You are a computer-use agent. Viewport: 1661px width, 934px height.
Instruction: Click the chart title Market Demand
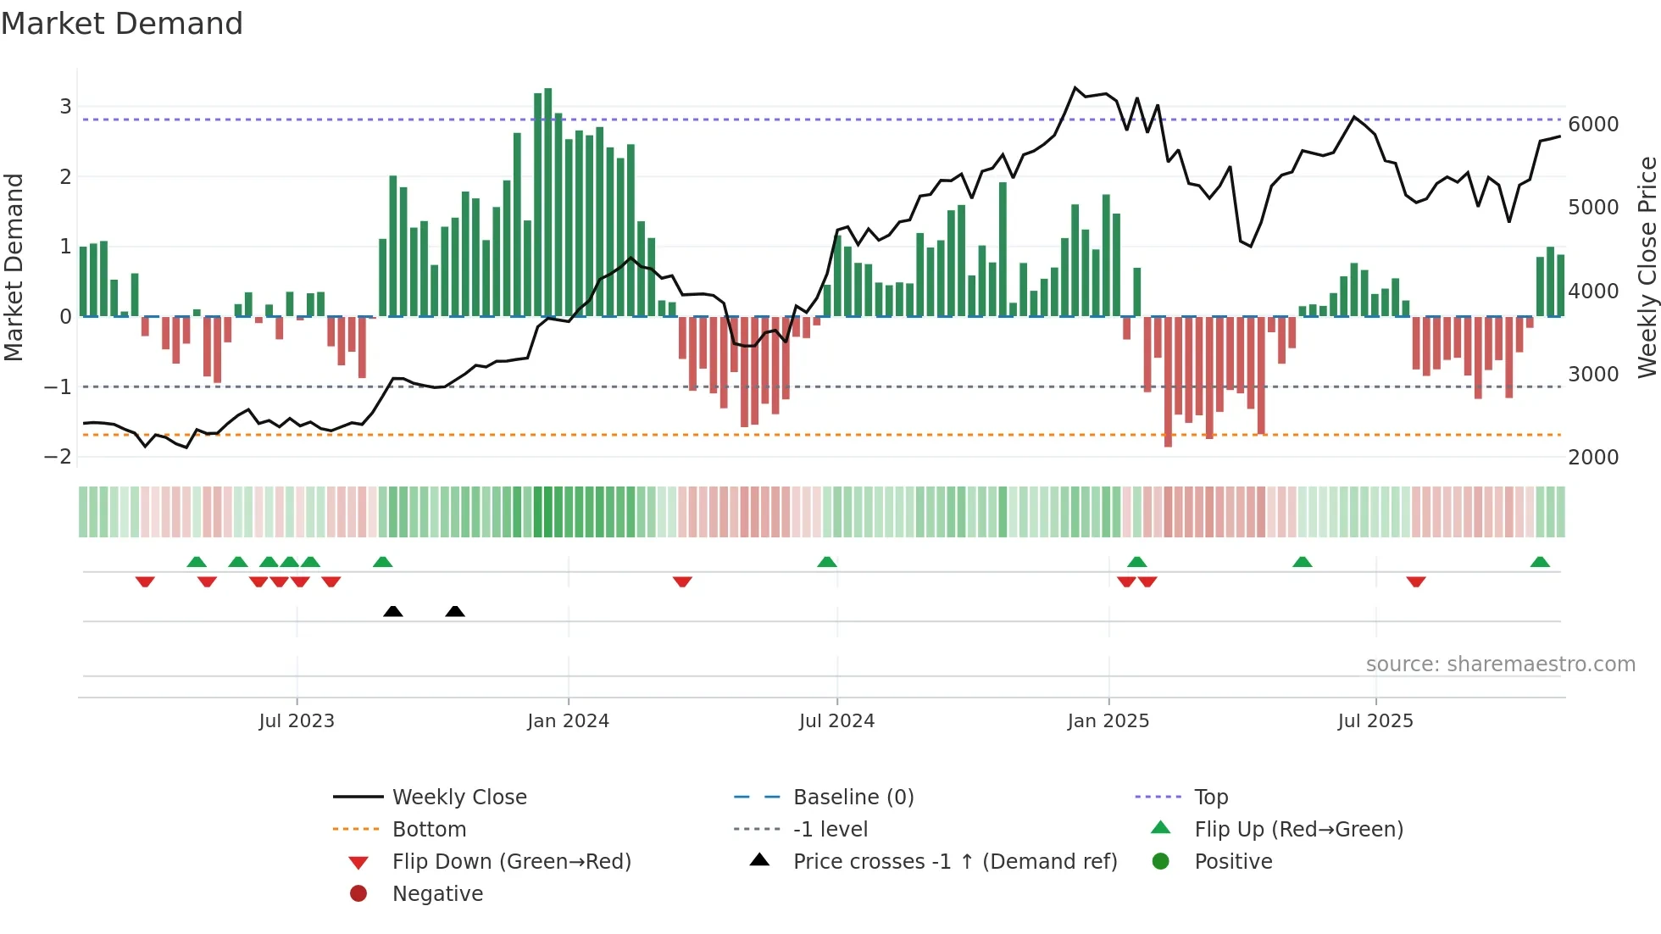tap(122, 24)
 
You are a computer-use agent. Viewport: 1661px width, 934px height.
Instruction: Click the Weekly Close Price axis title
tap(1647, 267)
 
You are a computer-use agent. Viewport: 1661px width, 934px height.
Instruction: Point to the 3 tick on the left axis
tap(65, 107)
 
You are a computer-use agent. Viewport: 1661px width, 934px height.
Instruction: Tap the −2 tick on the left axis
tap(58, 457)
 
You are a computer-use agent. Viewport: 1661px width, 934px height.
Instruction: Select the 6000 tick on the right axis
tap(1593, 125)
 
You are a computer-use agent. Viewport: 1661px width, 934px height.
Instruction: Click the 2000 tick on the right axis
tap(1593, 458)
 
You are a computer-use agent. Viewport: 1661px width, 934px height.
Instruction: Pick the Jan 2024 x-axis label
tap(568, 721)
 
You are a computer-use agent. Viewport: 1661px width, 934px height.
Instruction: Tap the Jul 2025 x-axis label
tap(1375, 721)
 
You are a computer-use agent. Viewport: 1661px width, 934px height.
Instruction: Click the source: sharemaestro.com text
tap(1500, 664)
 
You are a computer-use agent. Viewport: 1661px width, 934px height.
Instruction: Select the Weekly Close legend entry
tap(458, 798)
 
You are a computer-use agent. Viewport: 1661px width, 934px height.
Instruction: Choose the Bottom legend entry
tap(429, 830)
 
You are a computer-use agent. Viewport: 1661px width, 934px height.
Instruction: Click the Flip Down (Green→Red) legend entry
tap(511, 862)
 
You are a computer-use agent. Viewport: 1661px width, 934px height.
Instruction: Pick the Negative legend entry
tap(437, 894)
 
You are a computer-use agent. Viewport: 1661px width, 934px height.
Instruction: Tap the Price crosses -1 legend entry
tap(954, 862)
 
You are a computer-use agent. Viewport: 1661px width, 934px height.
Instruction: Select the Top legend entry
tap(1210, 798)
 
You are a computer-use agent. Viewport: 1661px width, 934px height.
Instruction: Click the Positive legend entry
tap(1233, 862)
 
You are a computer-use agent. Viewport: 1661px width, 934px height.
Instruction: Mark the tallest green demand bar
tap(548, 203)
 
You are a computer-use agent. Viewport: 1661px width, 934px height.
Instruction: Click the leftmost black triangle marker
tap(393, 611)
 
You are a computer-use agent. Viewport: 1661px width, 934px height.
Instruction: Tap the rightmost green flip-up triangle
tap(1540, 562)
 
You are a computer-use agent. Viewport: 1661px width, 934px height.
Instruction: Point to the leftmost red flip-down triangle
tap(145, 581)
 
